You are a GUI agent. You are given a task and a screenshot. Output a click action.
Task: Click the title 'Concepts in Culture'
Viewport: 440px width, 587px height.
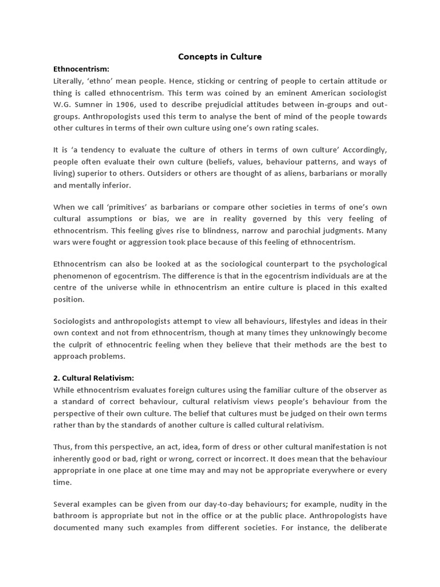tap(220, 57)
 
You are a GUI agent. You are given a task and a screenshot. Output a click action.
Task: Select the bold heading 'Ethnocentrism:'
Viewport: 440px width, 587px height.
tap(81, 69)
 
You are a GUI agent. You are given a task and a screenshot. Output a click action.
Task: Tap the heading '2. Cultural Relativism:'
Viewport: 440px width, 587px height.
tap(94, 378)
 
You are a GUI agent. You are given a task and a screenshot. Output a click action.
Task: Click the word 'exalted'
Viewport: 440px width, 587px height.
tap(372, 287)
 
